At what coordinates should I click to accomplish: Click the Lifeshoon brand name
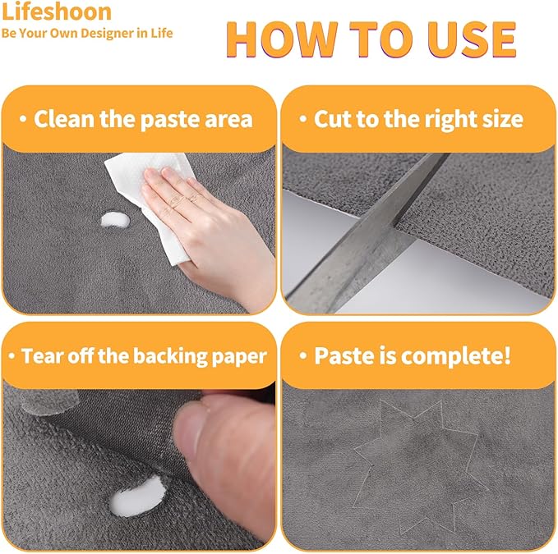point(57,11)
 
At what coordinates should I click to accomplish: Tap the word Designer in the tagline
point(104,33)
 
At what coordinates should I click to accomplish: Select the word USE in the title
point(472,39)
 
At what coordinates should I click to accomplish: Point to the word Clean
point(65,119)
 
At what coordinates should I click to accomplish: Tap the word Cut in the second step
point(332,119)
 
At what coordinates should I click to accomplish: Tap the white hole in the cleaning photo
point(115,220)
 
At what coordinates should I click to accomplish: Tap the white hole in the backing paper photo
point(138,496)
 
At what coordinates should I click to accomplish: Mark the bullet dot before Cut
point(303,119)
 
